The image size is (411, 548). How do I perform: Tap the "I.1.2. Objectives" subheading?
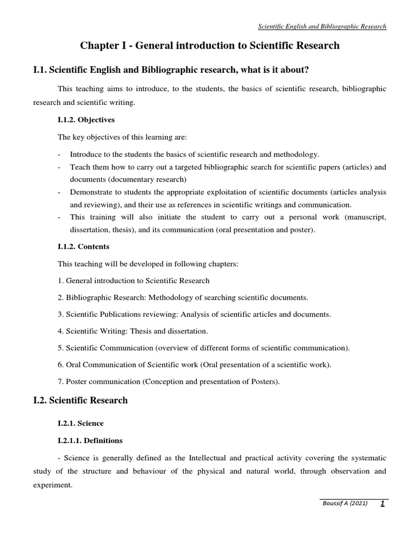(86, 120)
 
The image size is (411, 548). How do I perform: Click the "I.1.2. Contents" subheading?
(83, 247)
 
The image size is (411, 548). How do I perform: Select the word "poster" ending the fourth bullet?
(301, 230)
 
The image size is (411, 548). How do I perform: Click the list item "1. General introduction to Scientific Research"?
(133, 280)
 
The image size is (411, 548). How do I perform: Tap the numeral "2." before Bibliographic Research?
(60, 297)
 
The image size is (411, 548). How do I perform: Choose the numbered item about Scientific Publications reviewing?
(194, 314)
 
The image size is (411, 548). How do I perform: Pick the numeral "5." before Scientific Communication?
(60, 348)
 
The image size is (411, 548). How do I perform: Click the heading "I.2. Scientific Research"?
(80, 400)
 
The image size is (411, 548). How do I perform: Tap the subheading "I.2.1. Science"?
(80, 423)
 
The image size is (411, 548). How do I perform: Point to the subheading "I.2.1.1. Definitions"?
(90, 440)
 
